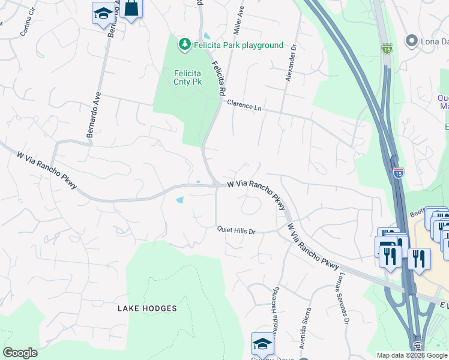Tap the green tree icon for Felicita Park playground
[x=184, y=44]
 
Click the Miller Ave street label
[x=240, y=19]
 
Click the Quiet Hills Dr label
[x=237, y=230]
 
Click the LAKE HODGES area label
[x=147, y=308]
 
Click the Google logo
[x=20, y=353]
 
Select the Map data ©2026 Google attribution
[x=411, y=355]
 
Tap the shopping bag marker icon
[x=131, y=9]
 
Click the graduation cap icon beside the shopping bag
[x=103, y=13]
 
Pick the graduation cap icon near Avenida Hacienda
[x=262, y=343]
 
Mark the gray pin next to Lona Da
[x=412, y=41]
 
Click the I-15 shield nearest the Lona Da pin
[x=387, y=47]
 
